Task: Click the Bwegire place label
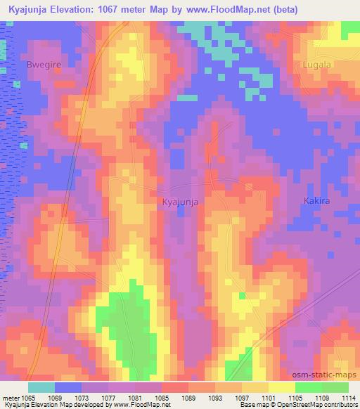click(42, 64)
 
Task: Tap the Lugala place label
click(316, 64)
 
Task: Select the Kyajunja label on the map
click(179, 202)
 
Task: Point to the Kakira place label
click(316, 201)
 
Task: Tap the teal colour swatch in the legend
click(41, 387)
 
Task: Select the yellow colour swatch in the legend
click(282, 387)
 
